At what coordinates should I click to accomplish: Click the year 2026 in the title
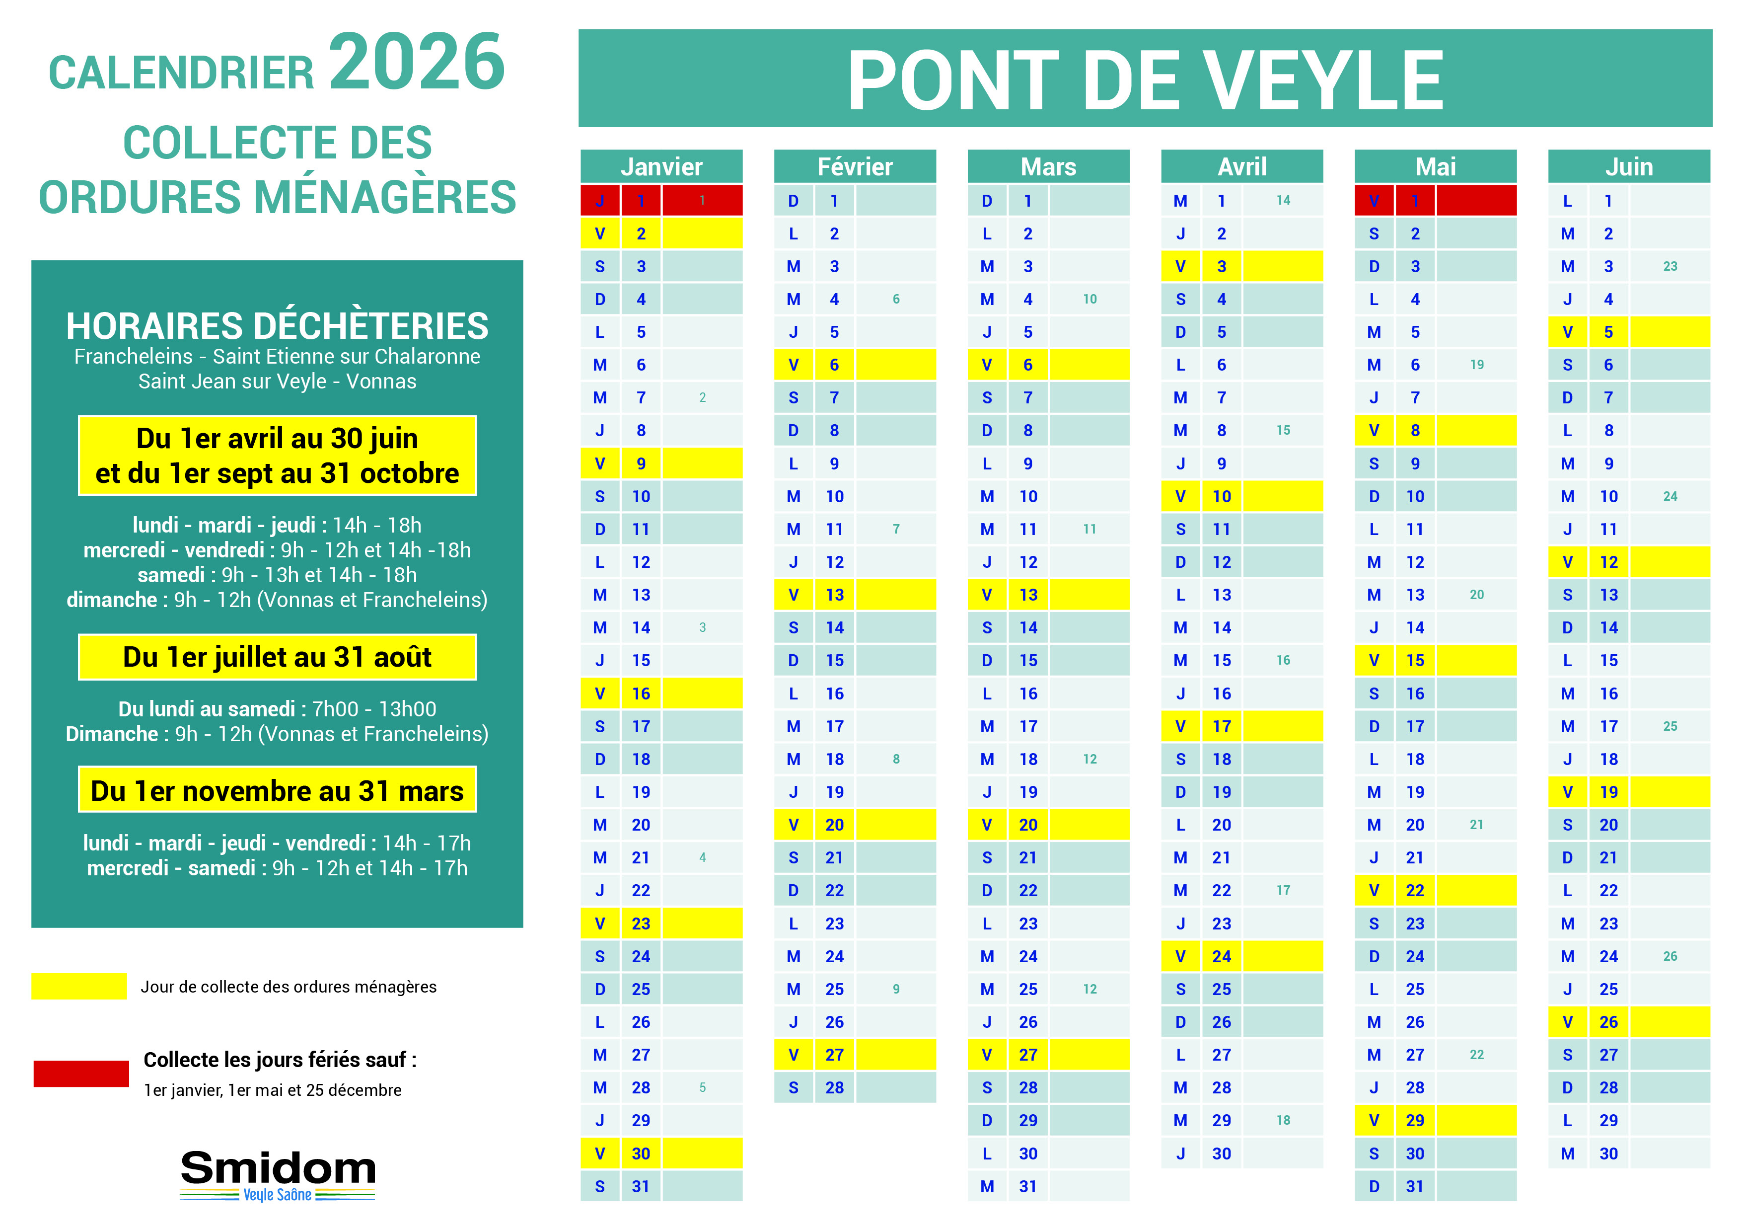pyautogui.click(x=417, y=62)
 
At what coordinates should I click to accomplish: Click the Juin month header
pyautogui.click(x=1628, y=166)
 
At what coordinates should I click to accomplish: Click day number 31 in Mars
pyautogui.click(x=1028, y=1186)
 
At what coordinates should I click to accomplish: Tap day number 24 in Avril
pyautogui.click(x=1222, y=956)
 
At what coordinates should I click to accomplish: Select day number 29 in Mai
pyautogui.click(x=1415, y=1120)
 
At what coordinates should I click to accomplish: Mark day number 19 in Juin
pyautogui.click(x=1608, y=792)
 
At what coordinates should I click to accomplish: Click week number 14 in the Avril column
pyautogui.click(x=1283, y=200)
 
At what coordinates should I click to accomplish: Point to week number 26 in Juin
pyautogui.click(x=1670, y=956)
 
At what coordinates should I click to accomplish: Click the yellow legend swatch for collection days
pyautogui.click(x=79, y=986)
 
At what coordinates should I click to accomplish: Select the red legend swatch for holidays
pyautogui.click(x=81, y=1074)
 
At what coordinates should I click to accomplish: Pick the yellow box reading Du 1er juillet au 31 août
pyautogui.click(x=277, y=657)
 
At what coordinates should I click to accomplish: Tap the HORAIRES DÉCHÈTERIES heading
pyautogui.click(x=277, y=326)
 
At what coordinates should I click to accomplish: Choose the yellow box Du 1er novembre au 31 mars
pyautogui.click(x=277, y=790)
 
